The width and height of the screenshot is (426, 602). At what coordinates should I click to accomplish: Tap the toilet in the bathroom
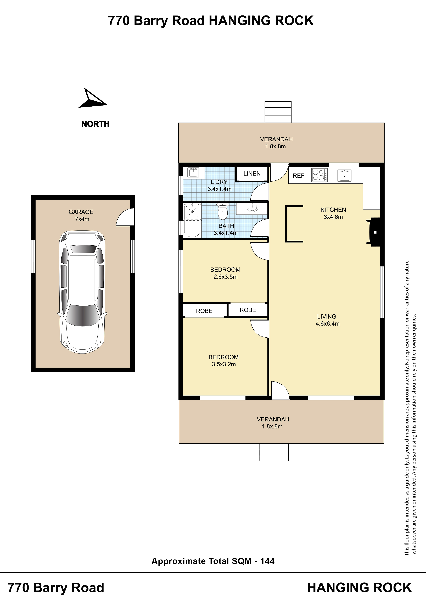click(x=223, y=212)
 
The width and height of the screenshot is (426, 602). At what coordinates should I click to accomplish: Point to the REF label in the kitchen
click(x=298, y=176)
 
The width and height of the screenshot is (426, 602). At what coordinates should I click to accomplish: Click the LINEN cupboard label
click(x=252, y=173)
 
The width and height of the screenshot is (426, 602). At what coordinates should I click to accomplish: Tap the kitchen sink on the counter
click(x=344, y=175)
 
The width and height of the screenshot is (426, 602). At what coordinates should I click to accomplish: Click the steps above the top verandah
click(x=278, y=112)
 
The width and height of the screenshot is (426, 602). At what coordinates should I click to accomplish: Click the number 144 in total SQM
click(x=267, y=561)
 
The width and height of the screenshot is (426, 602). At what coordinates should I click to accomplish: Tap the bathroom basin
click(x=252, y=208)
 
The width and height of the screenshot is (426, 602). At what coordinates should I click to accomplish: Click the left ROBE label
click(x=204, y=311)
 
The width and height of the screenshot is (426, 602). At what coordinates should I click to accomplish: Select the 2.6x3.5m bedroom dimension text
click(x=226, y=277)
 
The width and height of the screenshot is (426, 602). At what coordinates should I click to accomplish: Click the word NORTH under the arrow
click(x=95, y=124)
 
